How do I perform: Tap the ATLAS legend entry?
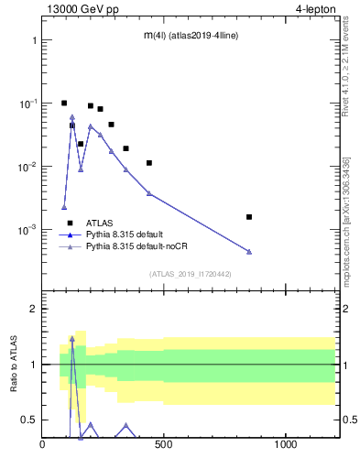(100, 223)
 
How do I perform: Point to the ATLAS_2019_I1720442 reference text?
(191, 274)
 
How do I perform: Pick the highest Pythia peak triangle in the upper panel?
(72, 117)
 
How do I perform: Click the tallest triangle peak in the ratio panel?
(72, 338)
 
